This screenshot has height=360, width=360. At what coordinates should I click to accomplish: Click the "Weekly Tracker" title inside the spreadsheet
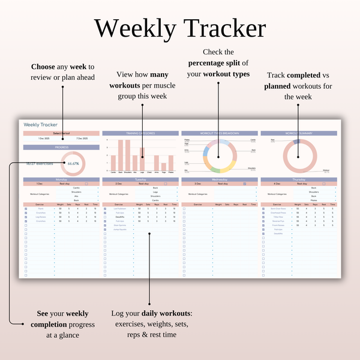click(x=41, y=124)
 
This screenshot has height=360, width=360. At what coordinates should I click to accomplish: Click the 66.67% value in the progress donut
click(x=73, y=163)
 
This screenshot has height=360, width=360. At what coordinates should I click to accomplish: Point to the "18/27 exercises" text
click(x=40, y=163)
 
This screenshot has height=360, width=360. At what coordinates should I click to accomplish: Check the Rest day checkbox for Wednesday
click(x=245, y=184)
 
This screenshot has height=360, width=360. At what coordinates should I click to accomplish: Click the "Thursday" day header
click(x=299, y=179)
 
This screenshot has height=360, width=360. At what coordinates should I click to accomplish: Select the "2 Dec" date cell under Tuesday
click(x=119, y=184)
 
